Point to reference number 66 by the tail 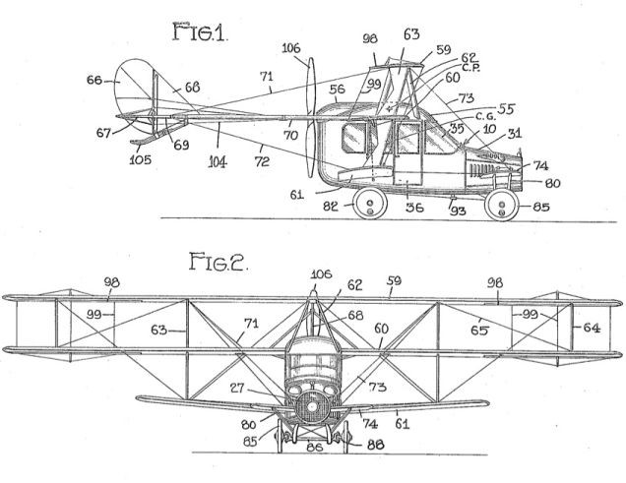(94, 81)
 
